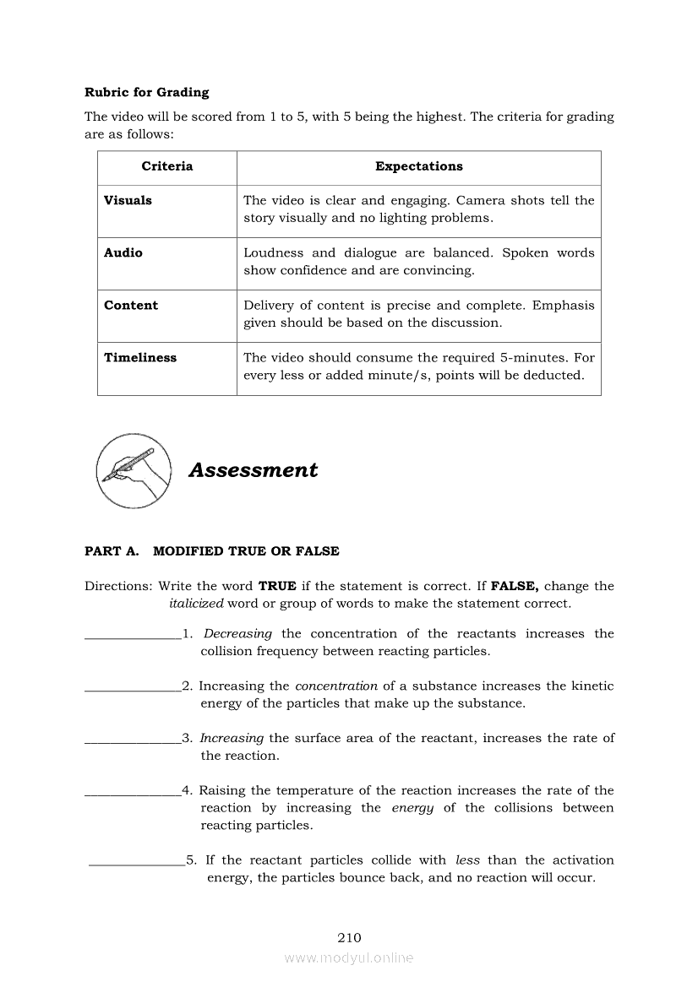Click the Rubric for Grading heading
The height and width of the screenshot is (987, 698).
coord(146,92)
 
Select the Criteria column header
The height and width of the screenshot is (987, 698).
coord(167,166)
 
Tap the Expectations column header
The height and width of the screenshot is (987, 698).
coord(418,166)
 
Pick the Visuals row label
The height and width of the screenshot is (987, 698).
coord(128,200)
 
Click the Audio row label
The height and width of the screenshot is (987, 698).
coord(123,252)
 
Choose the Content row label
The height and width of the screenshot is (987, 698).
coord(131,305)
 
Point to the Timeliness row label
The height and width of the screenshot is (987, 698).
coord(140,357)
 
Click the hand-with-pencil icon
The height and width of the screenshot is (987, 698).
coord(134,469)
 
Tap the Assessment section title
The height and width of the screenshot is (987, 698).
coord(253,470)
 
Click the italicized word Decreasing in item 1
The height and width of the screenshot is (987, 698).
coord(237,633)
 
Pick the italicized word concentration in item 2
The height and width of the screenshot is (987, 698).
coord(336,686)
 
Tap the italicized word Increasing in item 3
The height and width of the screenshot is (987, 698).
coord(232,738)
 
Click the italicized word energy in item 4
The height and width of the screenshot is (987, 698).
coord(412,808)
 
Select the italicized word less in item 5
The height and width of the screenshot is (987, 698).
coord(467,860)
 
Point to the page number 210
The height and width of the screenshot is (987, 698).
coord(349,937)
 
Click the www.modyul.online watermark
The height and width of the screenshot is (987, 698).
coord(349,957)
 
